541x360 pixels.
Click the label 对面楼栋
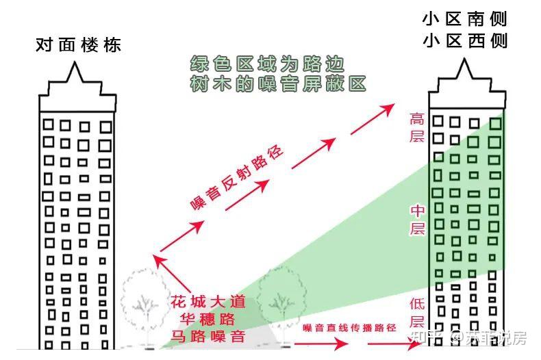tap(78, 46)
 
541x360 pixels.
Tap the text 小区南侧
tap(465, 18)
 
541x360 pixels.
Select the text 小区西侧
tap(465, 41)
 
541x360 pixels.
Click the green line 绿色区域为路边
tap(267, 64)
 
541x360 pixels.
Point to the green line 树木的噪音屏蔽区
tap(278, 84)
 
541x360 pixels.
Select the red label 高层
tap(417, 127)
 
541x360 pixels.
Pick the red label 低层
tap(417, 312)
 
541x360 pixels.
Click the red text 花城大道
tap(207, 302)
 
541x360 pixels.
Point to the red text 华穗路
tap(207, 319)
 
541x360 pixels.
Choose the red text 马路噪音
tap(207, 336)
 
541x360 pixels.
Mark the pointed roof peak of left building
tap(77, 66)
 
